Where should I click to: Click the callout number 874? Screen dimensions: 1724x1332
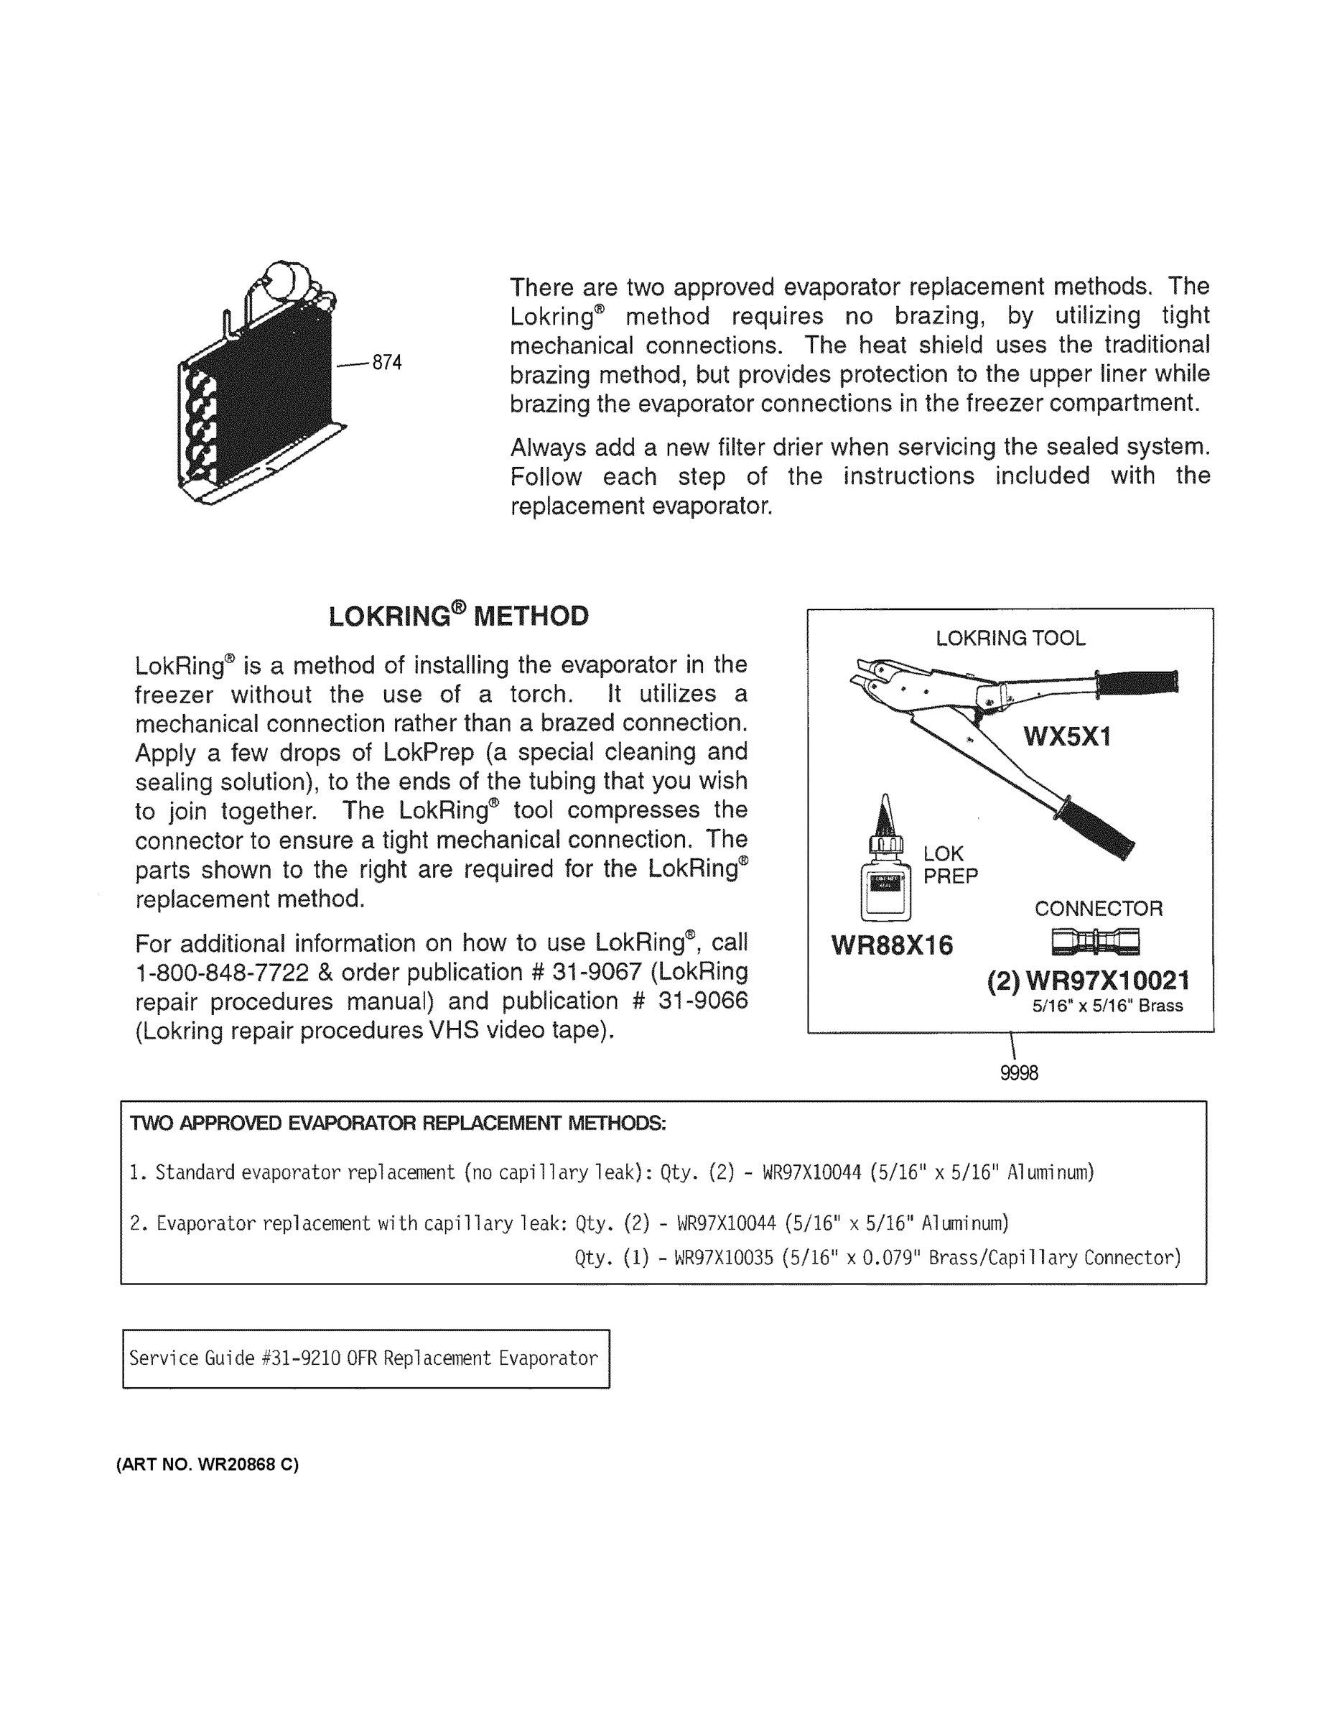point(386,362)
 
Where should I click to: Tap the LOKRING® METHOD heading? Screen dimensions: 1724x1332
point(458,616)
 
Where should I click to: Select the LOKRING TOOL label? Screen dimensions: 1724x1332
point(1010,638)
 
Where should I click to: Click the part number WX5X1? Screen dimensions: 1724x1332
point(1067,736)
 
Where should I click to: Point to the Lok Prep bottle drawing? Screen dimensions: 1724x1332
point(885,868)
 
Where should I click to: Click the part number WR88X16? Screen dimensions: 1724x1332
point(892,945)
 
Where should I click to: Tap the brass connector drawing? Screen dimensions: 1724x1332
point(1095,941)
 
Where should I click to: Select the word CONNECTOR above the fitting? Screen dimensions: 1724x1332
point(1099,909)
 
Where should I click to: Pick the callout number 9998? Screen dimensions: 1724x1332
point(1019,1072)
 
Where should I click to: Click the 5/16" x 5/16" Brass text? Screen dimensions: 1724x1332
point(1107,1006)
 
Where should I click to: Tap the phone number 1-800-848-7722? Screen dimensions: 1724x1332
point(222,973)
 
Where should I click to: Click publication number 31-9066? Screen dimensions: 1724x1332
point(702,1001)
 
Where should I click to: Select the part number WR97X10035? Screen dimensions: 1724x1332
point(725,1258)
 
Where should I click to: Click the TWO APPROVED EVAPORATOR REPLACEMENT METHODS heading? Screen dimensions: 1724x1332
point(398,1123)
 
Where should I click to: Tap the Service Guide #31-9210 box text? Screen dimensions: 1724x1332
point(364,1358)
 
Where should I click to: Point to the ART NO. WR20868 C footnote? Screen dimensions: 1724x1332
point(208,1464)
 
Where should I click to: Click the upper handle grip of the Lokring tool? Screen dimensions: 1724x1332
point(1136,681)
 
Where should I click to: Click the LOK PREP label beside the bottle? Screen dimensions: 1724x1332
point(950,864)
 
